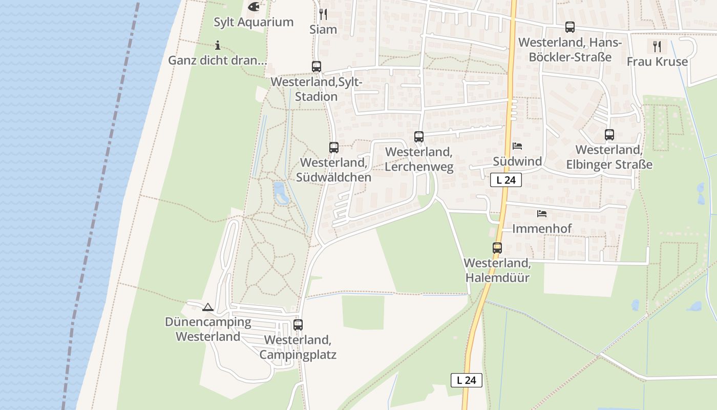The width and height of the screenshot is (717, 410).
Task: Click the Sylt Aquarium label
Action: (254, 22)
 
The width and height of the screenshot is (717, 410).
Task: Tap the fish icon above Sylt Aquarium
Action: (253, 7)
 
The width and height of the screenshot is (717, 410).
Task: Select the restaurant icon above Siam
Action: (323, 14)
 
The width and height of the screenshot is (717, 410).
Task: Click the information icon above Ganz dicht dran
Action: (218, 45)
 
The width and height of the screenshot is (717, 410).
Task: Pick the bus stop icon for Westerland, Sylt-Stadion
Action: (317, 66)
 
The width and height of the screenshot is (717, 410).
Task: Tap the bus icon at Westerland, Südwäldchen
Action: (334, 148)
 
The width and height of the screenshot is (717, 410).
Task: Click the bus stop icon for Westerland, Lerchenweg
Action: (419, 137)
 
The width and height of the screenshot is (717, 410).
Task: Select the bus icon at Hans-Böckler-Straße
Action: (570, 27)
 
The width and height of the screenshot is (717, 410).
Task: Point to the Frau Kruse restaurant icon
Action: (657, 47)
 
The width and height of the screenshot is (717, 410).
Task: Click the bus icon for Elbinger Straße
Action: (609, 135)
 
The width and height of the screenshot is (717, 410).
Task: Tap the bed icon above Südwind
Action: (517, 146)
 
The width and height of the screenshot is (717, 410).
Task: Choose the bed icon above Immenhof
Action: (542, 213)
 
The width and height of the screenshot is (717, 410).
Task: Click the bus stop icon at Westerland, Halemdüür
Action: (497, 248)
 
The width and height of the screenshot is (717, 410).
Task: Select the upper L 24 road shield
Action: (506, 180)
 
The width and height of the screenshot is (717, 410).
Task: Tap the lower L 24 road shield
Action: (467, 380)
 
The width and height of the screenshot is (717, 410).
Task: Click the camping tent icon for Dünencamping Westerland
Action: (207, 307)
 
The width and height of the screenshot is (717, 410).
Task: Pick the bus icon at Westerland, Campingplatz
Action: (298, 325)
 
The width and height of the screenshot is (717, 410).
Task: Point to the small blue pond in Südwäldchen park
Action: (280, 192)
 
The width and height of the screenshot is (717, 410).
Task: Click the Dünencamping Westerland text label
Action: (208, 330)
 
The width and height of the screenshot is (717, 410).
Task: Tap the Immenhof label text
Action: (542, 229)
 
